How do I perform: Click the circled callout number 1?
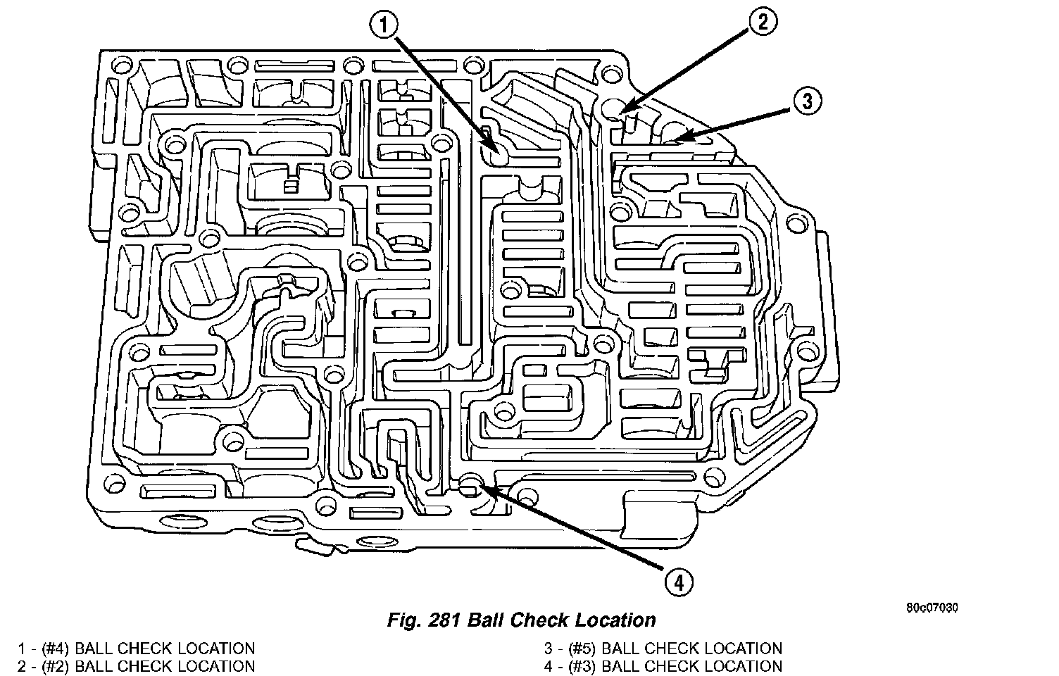[385, 27]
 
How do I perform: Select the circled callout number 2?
[763, 22]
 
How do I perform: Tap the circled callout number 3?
[807, 101]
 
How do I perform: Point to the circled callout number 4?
[677, 582]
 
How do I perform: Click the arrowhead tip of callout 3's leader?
[677, 139]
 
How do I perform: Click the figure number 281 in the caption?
[446, 620]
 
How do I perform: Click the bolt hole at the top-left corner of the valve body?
[123, 68]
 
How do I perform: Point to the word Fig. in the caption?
[403, 620]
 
